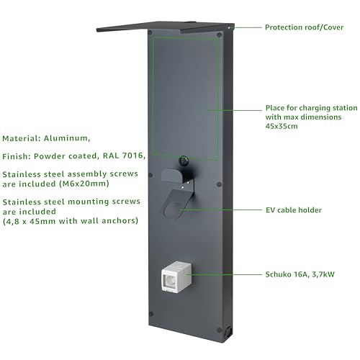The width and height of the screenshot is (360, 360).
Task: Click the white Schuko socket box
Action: (x=177, y=276)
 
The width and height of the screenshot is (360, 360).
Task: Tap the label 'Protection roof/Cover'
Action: (x=304, y=27)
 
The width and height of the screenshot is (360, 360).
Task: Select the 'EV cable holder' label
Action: (x=294, y=210)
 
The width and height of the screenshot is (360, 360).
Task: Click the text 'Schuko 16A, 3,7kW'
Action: (x=300, y=274)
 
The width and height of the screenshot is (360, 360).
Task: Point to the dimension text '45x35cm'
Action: (x=282, y=126)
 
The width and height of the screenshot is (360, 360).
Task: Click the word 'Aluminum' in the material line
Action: (x=67, y=138)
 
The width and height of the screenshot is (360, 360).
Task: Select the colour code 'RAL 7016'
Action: (x=124, y=156)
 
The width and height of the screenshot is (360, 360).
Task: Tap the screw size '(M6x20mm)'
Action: (x=84, y=184)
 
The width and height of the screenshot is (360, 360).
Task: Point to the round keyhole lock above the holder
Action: (x=184, y=160)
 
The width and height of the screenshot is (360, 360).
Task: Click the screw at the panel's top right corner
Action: (x=219, y=35)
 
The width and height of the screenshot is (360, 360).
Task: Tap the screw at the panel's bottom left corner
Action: (x=151, y=314)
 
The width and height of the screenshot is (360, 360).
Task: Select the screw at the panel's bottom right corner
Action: (x=219, y=330)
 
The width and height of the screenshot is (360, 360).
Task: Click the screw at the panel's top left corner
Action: (x=150, y=32)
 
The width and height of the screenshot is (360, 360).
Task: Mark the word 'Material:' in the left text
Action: (x=21, y=138)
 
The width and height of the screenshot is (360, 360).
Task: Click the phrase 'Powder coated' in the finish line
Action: (x=66, y=156)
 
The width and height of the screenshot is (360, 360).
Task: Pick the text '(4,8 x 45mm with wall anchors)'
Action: (x=71, y=221)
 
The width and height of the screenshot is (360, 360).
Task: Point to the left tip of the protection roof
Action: (x=97, y=30)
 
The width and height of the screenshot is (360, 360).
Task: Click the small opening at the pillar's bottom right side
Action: (x=228, y=332)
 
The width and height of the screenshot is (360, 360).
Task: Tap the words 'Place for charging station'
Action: (x=311, y=108)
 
